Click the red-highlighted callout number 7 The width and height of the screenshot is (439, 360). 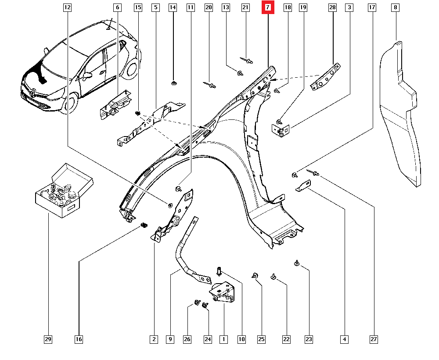(268, 7)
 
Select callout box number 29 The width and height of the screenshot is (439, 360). (48, 339)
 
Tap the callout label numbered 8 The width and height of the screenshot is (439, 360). (396, 7)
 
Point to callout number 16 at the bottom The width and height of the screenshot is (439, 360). (79, 339)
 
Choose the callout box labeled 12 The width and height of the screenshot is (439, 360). (67, 7)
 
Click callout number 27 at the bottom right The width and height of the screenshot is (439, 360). (374, 339)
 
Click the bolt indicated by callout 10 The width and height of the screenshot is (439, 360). (218, 272)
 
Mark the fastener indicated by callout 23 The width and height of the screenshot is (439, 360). (297, 263)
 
